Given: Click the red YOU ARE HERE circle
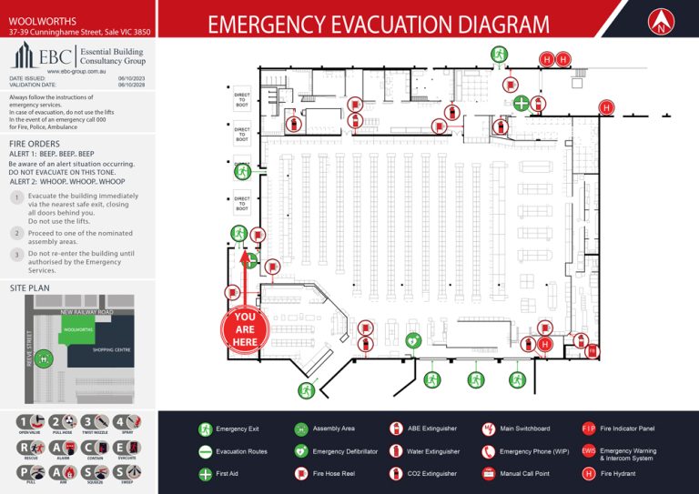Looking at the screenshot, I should point(245,328).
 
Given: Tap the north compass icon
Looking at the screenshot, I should point(661,23).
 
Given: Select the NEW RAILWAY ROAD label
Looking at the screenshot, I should point(86,312).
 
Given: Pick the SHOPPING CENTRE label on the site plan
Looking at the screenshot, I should point(113,349).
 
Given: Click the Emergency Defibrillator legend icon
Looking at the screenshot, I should point(300,451).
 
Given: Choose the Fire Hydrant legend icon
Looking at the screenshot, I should point(588,473).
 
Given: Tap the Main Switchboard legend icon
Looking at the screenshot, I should point(488,428).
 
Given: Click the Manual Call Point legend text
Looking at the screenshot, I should point(524,473).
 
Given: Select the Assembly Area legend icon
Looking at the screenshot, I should point(300,428).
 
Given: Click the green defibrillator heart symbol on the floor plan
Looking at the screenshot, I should point(412,340).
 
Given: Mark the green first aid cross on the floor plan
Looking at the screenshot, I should point(520,103).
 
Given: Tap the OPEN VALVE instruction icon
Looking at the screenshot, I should point(30,423).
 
